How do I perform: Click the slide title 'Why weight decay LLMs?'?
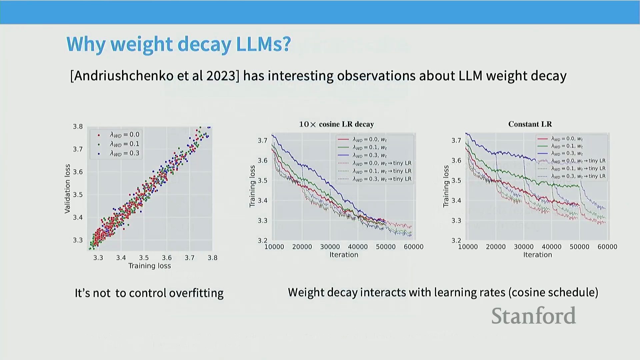click(179, 44)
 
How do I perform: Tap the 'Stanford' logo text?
click(533, 316)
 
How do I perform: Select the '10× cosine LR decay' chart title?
click(336, 124)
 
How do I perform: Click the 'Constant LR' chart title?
click(530, 124)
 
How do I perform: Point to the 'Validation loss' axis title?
click(68, 188)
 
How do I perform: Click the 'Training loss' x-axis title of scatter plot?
click(149, 266)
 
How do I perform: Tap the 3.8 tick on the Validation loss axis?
click(78, 127)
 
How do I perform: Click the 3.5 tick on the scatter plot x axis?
click(144, 258)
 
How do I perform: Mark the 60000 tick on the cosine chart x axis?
click(413, 247)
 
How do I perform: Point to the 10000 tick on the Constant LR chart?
click(468, 247)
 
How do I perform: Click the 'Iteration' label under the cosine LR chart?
click(344, 255)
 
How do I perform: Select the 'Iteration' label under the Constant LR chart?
click(537, 255)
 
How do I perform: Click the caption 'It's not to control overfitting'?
click(149, 293)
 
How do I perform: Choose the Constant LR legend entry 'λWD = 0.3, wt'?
click(567, 153)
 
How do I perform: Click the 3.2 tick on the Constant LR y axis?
click(456, 240)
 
